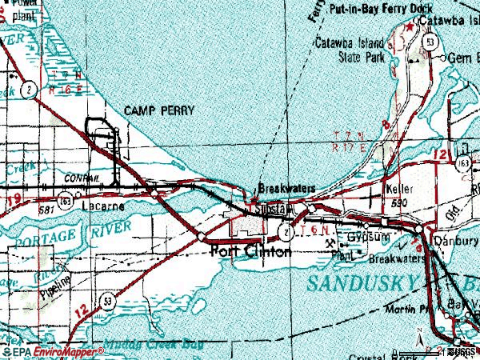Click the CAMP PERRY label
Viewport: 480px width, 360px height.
(x=159, y=110)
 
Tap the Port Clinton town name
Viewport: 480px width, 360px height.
(x=250, y=251)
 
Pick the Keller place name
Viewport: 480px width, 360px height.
(x=398, y=190)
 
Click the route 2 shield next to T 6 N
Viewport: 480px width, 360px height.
(x=283, y=232)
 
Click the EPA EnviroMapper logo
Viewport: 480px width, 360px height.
(x=52, y=350)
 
